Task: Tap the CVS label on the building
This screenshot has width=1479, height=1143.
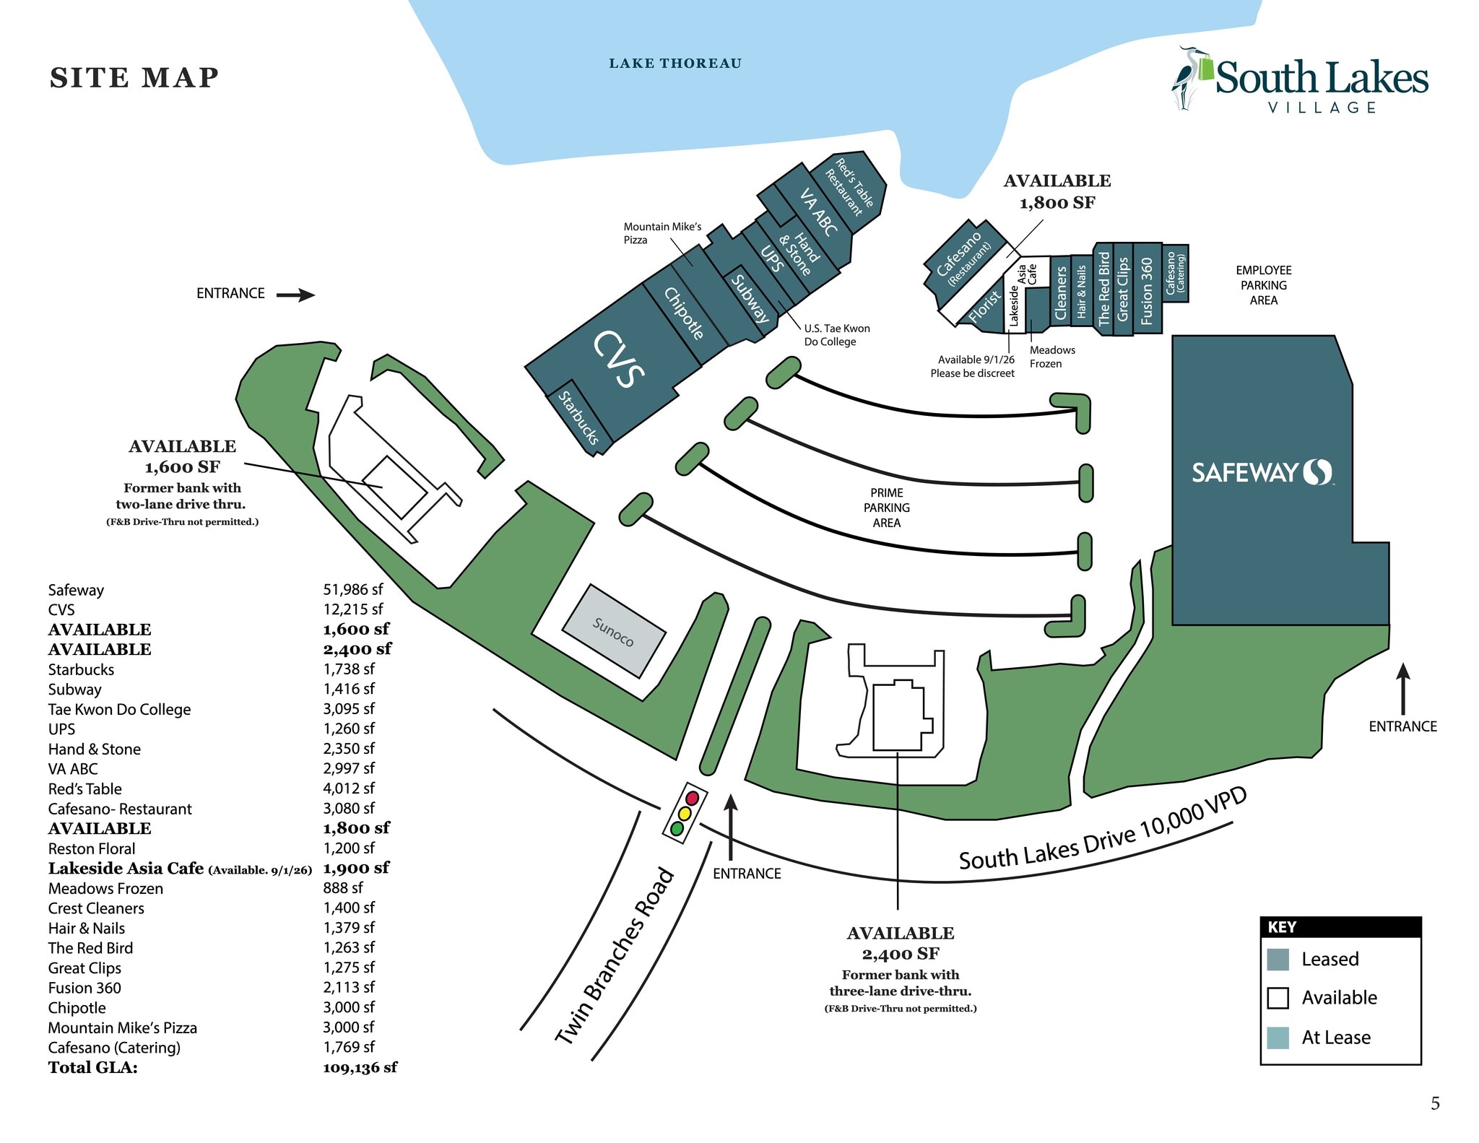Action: click(x=618, y=359)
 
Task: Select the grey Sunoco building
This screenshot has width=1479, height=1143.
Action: click(x=613, y=631)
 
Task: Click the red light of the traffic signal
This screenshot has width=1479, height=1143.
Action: click(x=692, y=798)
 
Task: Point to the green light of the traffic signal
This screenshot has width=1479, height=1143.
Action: click(x=677, y=828)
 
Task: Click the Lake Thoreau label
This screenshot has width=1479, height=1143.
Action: click(x=675, y=64)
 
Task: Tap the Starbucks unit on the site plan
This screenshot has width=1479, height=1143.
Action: click(x=579, y=417)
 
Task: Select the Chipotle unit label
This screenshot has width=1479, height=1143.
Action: click(x=683, y=313)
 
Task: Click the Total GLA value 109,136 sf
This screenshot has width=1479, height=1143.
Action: click(x=360, y=1067)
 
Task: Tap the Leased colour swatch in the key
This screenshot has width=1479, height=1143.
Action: click(x=1278, y=959)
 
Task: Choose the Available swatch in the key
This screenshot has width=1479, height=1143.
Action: click(x=1278, y=998)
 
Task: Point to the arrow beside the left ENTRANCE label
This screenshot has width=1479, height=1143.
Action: click(x=295, y=295)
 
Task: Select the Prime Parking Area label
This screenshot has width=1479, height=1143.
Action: click(x=886, y=508)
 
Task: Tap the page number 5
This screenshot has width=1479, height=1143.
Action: click(x=1435, y=1103)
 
